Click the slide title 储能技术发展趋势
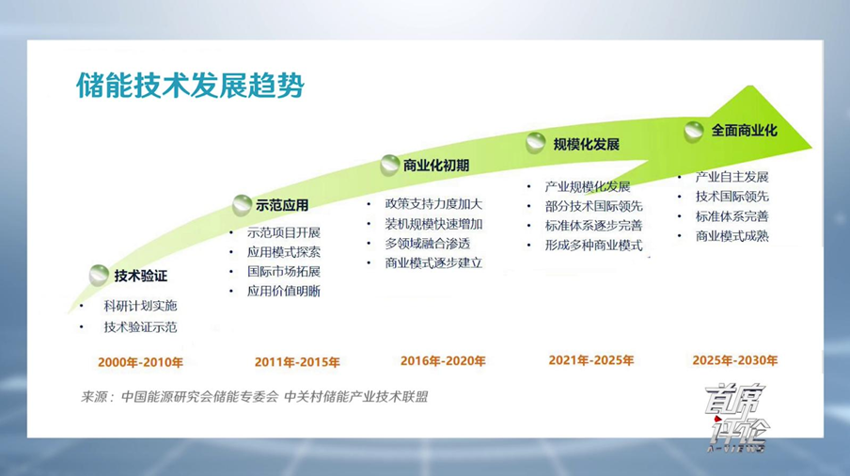[x=190, y=86]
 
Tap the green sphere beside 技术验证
[x=100, y=275]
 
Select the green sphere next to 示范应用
[x=242, y=205]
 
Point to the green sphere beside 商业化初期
[x=390, y=165]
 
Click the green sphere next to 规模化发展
[x=536, y=143]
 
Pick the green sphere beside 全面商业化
[x=694, y=131]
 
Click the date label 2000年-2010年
[x=140, y=362]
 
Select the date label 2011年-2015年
[x=297, y=362]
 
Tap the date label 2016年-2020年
[x=443, y=361]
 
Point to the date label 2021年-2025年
[x=590, y=360]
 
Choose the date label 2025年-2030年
[x=735, y=360]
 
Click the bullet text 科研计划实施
[x=140, y=306]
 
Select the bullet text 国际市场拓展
[x=284, y=271]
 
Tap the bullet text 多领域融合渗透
[x=427, y=244]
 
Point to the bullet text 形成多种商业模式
[x=593, y=245]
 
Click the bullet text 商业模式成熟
[x=732, y=236]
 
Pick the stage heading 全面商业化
[x=745, y=131]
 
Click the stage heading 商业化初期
[x=436, y=166]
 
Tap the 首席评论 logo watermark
[x=737, y=418]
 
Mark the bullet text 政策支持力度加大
[x=433, y=204]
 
